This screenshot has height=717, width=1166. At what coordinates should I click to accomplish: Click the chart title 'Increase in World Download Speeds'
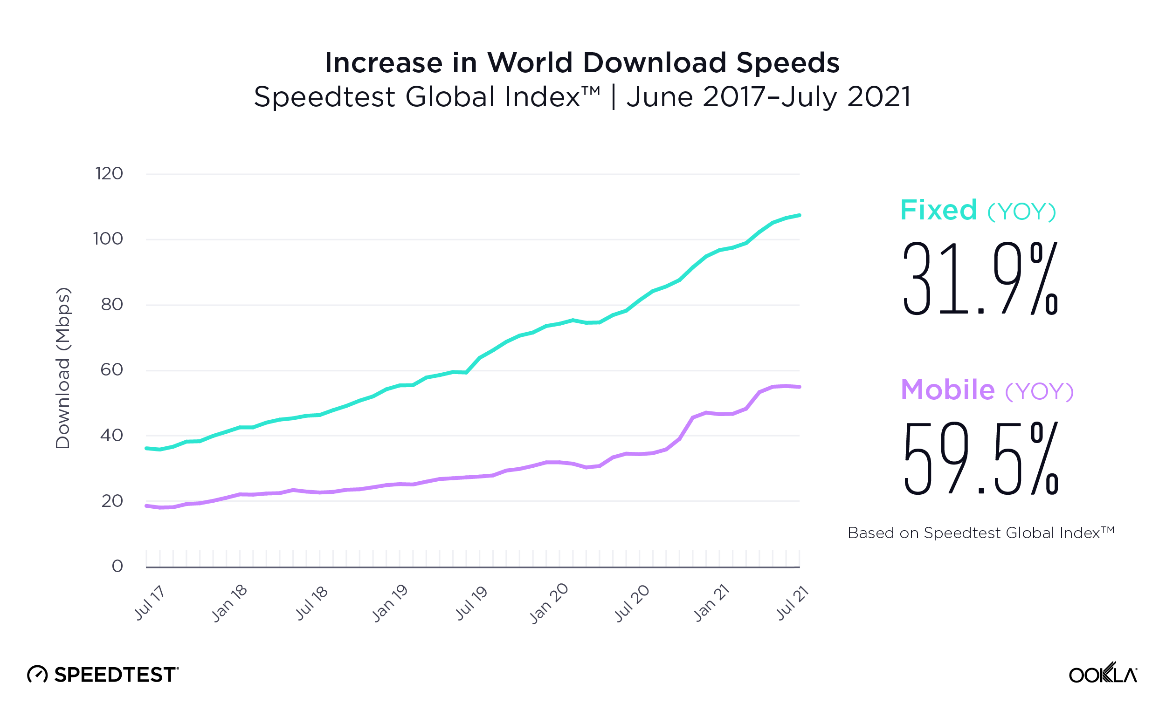582,62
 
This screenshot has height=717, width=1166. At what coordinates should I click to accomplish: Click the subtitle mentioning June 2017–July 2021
582,97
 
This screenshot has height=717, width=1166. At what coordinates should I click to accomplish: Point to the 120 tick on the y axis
109,174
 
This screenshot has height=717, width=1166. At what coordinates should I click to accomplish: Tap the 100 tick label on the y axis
108,239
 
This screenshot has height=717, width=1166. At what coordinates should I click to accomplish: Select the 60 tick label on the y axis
112,370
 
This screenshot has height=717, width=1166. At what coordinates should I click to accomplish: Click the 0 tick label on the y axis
117,566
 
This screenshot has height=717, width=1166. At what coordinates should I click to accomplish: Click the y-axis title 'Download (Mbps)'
63,369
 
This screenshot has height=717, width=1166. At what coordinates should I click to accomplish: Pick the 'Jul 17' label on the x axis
150,603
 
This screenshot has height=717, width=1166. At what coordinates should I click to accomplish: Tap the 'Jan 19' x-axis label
390,603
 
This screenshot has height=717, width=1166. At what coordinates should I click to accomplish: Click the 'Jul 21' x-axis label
792,603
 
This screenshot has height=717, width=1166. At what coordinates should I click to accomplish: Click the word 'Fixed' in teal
938,210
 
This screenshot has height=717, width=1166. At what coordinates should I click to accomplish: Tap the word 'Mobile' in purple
948,390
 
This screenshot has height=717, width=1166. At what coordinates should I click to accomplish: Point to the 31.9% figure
980,278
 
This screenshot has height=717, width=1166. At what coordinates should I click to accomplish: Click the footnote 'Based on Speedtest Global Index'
980,533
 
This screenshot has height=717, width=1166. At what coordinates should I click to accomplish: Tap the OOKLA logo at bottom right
1103,674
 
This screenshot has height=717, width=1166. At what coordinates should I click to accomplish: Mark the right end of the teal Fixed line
800,215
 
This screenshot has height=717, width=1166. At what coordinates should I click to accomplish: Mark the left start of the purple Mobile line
147,506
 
